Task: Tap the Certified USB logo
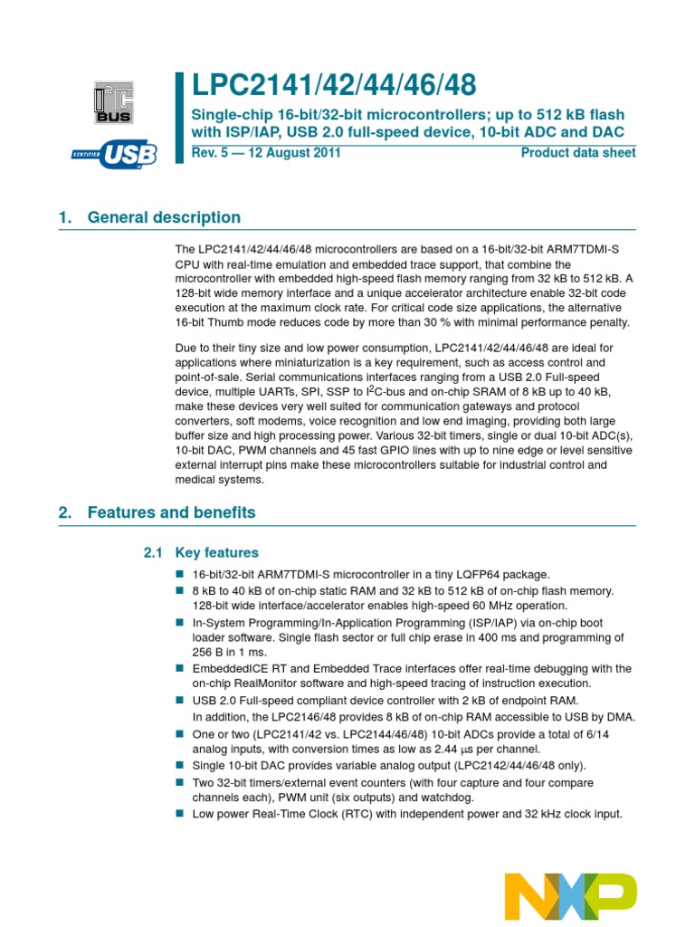pos(114,155)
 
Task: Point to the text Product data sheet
pos(578,153)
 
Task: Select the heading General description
pos(164,217)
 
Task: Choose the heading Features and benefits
pos(171,512)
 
